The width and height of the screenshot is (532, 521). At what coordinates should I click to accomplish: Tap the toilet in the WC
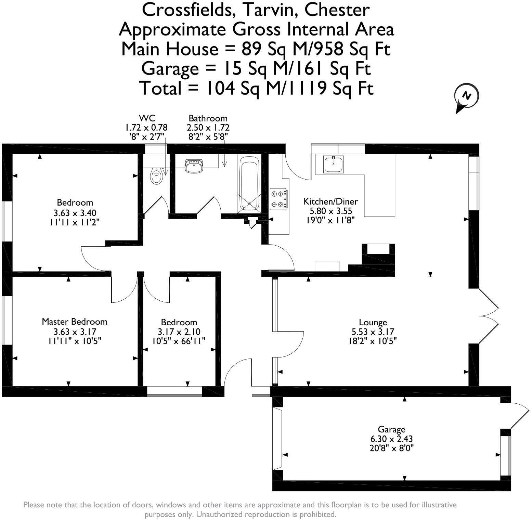[156, 176]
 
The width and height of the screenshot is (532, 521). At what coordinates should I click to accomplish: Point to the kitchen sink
[334, 164]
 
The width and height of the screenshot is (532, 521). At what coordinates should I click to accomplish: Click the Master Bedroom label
[75, 322]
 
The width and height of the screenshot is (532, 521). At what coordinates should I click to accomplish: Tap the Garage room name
[391, 429]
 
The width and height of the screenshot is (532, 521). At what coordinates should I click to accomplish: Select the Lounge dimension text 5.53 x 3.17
[373, 331]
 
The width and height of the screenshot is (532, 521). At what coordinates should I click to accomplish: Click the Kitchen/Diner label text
[330, 201]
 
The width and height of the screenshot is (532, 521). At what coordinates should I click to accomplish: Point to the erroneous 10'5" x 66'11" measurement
[179, 341]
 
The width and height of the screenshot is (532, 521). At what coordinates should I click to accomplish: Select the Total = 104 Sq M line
[256, 88]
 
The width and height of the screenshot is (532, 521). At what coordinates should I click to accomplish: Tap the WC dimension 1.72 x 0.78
[146, 128]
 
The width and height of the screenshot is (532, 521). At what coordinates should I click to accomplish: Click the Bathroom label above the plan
[208, 118]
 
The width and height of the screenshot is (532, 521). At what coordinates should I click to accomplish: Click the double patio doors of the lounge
[489, 315]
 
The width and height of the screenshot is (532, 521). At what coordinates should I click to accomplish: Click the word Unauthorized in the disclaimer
[222, 514]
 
